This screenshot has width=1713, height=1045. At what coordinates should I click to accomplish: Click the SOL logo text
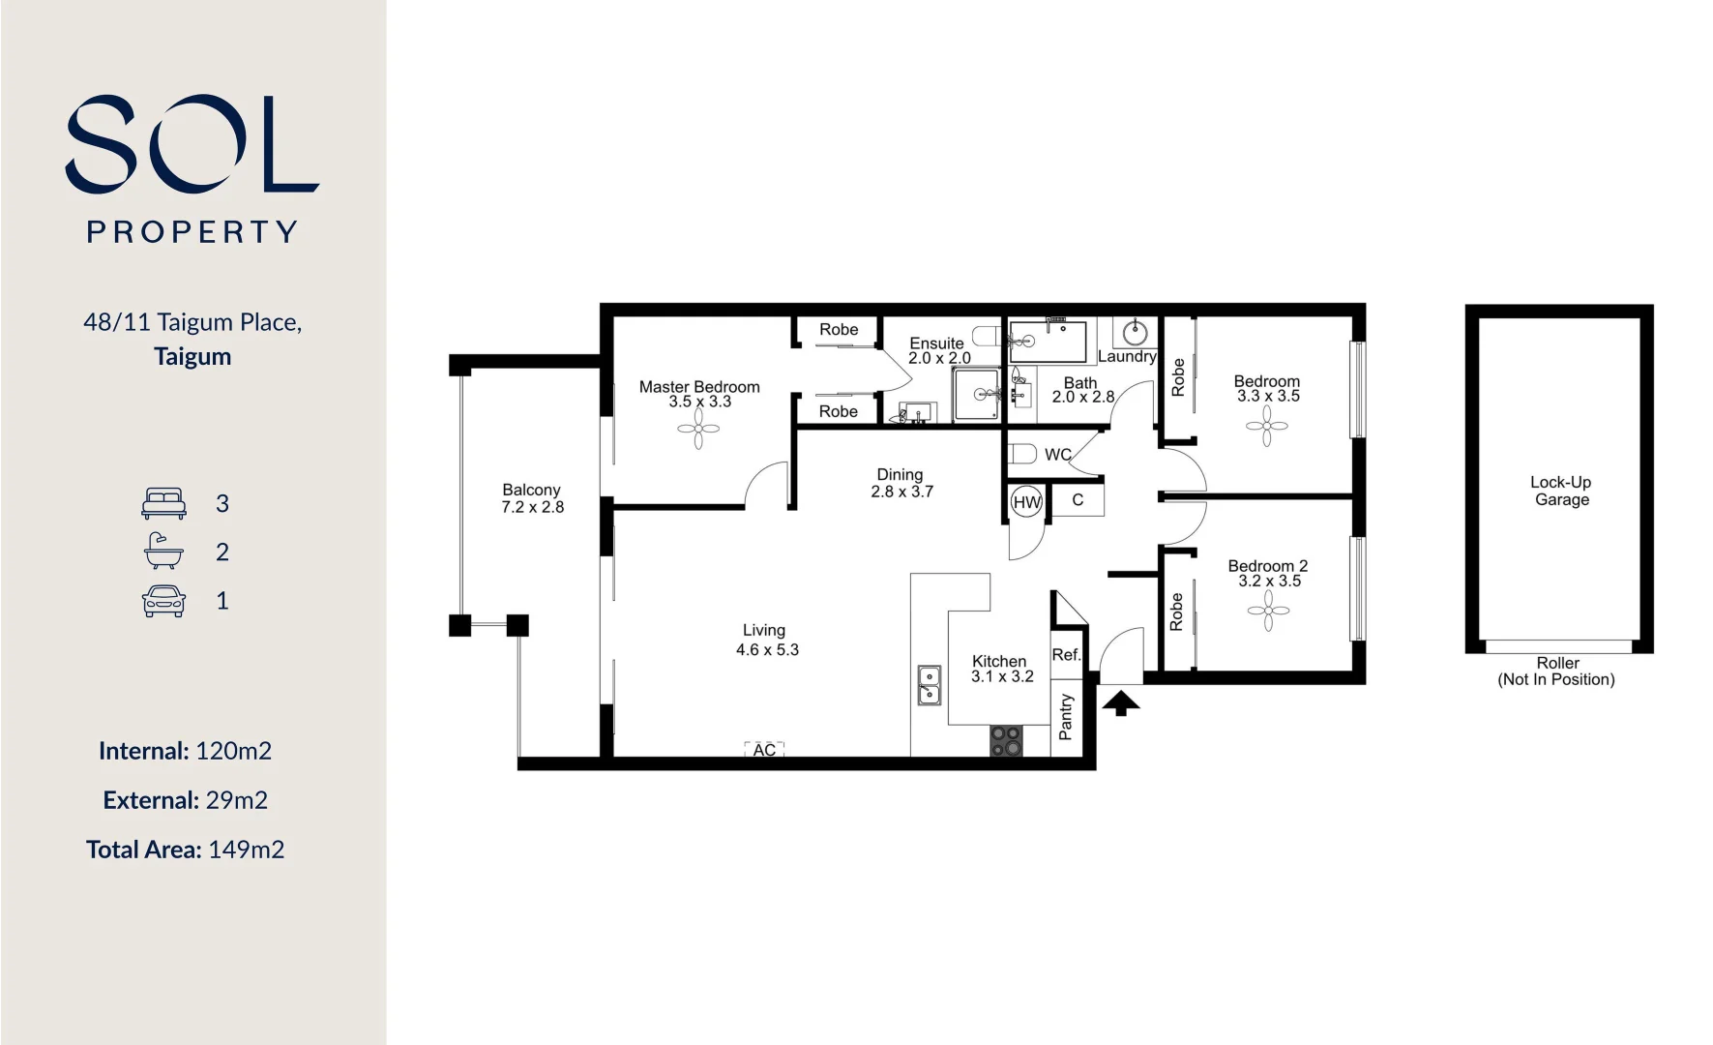coord(192,143)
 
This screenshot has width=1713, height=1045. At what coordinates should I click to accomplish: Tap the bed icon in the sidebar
coord(163,503)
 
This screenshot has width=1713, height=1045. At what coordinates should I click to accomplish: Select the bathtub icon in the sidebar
coord(163,552)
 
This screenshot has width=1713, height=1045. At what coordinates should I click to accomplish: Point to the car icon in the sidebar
coord(163,601)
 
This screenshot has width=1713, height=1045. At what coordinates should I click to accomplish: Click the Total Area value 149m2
coord(247,850)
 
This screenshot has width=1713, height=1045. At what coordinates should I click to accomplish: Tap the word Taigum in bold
coord(192,356)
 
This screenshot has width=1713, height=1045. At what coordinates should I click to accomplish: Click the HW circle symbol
coord(1026,502)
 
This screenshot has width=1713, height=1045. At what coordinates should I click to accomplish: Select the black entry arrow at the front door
coord(1121,702)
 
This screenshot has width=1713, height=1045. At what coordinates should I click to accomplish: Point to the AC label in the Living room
coord(764,750)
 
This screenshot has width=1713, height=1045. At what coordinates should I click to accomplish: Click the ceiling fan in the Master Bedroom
coord(698,430)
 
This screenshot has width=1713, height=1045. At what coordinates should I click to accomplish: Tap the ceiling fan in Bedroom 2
coord(1268,610)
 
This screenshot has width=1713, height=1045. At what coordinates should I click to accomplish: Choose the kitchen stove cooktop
coord(1006,741)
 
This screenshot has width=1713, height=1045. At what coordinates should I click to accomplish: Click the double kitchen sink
coord(929,684)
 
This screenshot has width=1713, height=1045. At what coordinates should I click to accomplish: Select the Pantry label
coord(1066,717)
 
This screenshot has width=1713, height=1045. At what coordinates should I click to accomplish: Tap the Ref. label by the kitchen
coord(1066,655)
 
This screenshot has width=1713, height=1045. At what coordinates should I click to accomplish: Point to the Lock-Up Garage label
coord(1561,491)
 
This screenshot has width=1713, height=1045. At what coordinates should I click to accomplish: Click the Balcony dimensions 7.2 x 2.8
coord(532,507)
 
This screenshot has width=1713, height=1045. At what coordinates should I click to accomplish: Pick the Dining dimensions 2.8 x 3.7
coord(901,492)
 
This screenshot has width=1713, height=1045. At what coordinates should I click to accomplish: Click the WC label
coord(1058,455)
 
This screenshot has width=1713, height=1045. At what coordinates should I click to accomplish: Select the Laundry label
coord(1127,356)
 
